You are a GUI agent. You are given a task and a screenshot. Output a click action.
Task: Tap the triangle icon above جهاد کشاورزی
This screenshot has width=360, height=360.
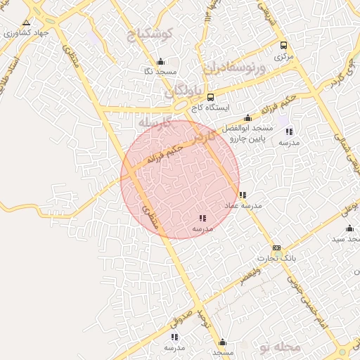pyautogui.click(x=27, y=22)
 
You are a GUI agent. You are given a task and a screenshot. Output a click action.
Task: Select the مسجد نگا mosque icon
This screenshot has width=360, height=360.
pyautogui.click(x=160, y=61)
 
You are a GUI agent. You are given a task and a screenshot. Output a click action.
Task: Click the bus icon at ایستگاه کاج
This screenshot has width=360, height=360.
pyautogui.click(x=211, y=98)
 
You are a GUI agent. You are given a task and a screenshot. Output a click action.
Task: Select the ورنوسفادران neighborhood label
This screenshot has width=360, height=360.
pyautogui.click(x=234, y=69)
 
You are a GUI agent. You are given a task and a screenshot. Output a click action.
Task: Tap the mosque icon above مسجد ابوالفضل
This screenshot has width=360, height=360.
pyautogui.click(x=247, y=118)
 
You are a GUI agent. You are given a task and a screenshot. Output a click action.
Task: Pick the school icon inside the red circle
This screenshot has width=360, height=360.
pyautogui.click(x=202, y=219)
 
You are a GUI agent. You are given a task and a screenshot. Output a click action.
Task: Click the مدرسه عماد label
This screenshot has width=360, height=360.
pyautogui.click(x=243, y=205)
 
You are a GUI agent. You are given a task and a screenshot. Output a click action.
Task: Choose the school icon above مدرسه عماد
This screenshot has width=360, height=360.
pyautogui.click(x=243, y=195)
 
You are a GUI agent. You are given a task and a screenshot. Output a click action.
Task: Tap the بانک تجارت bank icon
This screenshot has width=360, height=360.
pyautogui.click(x=276, y=247)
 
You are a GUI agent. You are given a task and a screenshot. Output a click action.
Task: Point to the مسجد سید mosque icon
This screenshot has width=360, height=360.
pyautogui.click(x=349, y=228)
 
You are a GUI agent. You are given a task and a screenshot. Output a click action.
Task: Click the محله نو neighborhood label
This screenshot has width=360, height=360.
pyautogui.click(x=279, y=346)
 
